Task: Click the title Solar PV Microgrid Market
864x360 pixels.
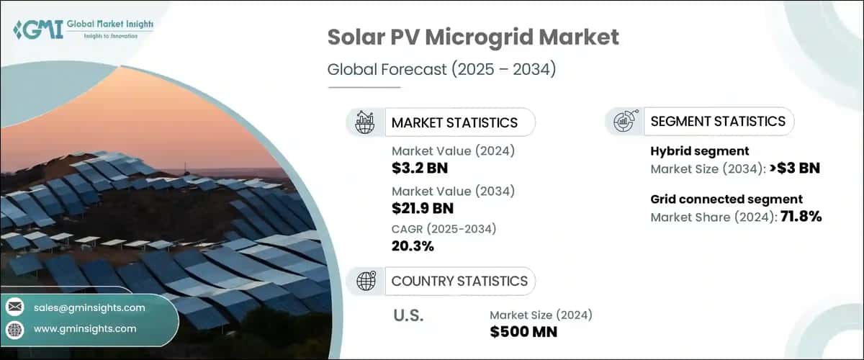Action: (473, 38)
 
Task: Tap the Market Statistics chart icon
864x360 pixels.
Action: (365, 122)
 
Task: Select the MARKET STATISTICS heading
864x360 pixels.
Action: (454, 122)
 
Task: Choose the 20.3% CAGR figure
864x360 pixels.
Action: (413, 247)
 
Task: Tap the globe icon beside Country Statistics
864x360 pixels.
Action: (365, 281)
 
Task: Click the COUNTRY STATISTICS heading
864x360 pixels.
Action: (459, 281)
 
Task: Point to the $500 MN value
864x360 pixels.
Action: (523, 331)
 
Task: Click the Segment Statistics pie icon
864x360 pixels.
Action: (624, 122)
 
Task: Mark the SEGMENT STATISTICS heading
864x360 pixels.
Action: (718, 122)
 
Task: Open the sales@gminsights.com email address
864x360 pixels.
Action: (89, 307)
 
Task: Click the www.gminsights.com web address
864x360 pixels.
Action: (85, 329)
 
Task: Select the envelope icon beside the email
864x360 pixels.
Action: (15, 307)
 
